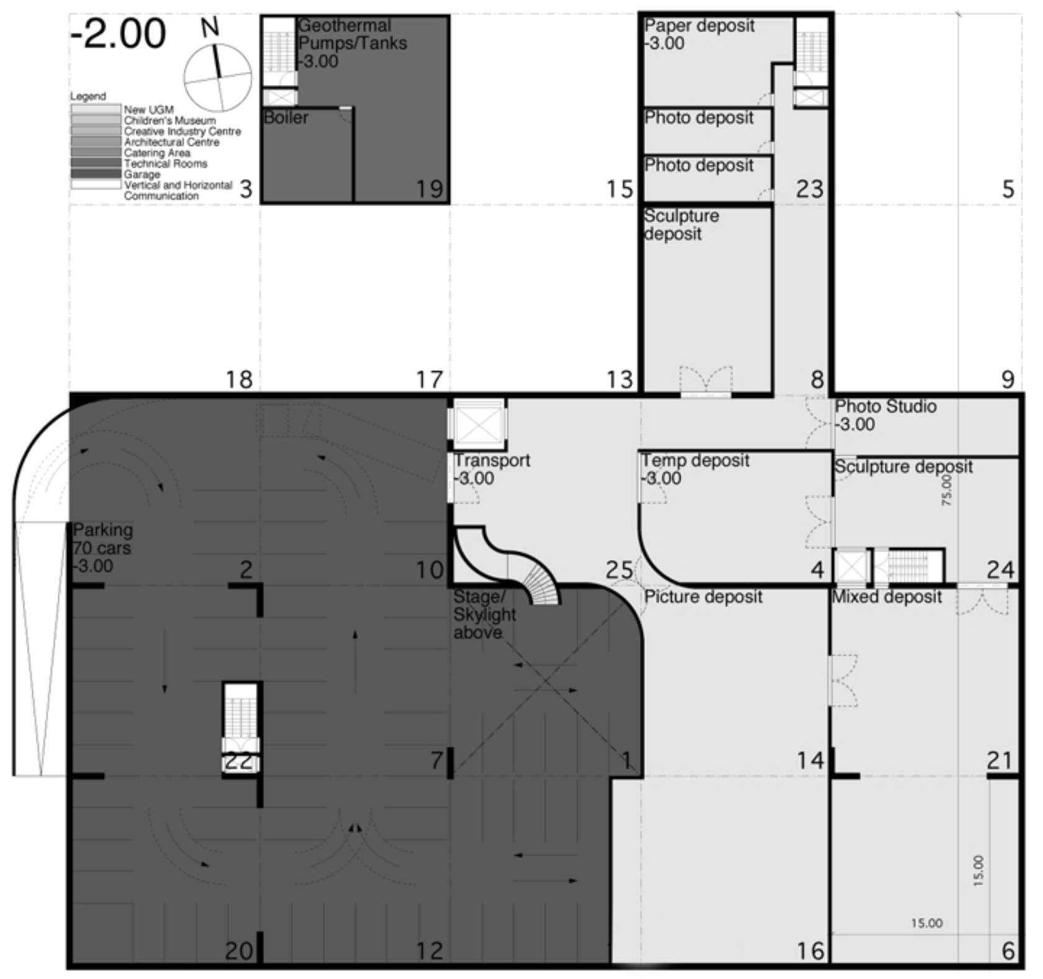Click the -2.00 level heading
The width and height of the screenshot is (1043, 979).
118,34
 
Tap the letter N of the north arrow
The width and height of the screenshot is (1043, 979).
210,28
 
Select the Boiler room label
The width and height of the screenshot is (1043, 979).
286,117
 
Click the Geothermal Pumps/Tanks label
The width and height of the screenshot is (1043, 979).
352,43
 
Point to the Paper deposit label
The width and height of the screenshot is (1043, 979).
699,26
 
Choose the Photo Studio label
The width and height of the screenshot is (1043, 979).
885,407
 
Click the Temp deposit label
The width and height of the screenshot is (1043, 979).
695,461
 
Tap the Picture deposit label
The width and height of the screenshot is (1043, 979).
703,597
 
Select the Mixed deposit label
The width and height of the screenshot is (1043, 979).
887,597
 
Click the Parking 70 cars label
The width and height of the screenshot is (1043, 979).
102,548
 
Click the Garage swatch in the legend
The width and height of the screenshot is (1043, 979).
95,174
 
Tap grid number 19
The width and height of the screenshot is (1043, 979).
430,189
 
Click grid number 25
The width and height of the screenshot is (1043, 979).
619,569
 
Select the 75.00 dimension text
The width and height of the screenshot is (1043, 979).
946,490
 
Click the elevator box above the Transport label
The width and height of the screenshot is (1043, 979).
477,423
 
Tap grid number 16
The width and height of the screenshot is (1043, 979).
810,950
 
